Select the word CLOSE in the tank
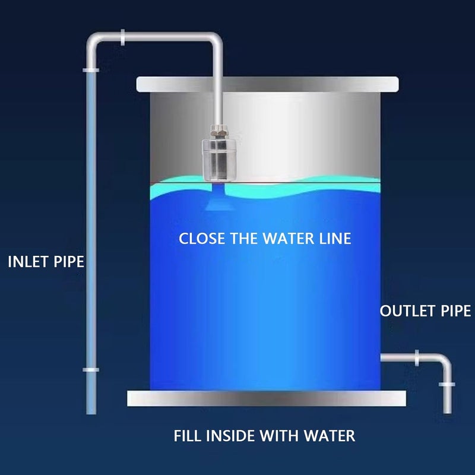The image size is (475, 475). (202, 239)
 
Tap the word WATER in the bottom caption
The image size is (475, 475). (330, 436)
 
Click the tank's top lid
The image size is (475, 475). (267, 84)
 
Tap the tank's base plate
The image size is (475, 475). (267, 398)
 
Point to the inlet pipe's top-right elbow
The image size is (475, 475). (216, 39)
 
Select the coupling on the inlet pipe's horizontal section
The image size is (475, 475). (122, 37)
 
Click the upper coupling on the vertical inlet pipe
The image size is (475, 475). (91, 70)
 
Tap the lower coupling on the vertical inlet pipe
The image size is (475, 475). (91, 370)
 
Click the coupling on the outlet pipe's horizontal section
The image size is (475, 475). (417, 358)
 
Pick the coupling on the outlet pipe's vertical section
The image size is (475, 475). (447, 384)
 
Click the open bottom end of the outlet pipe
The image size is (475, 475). (447, 412)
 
